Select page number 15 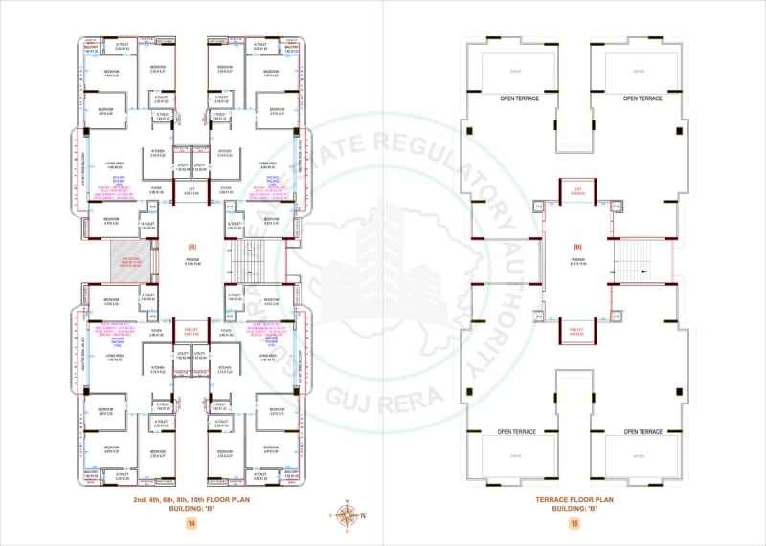pyautogui.click(x=574, y=523)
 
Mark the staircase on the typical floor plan pyautogui.click(x=251, y=258)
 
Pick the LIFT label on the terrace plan pyautogui.click(x=577, y=189)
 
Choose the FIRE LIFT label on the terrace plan pyautogui.click(x=577, y=331)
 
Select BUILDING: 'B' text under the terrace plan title pyautogui.click(x=574, y=509)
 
